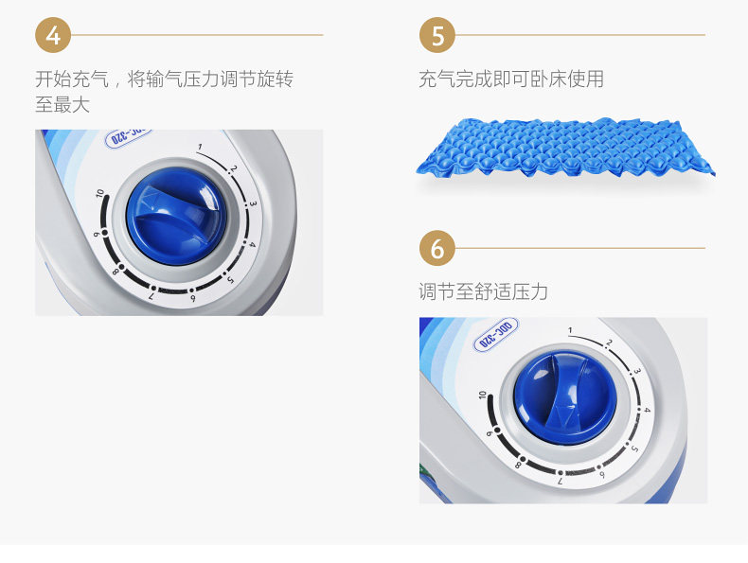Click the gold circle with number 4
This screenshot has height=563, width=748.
[53, 35]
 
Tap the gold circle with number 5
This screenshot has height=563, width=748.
[437, 35]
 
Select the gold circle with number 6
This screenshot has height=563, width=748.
[437, 248]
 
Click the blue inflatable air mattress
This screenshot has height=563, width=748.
[566, 147]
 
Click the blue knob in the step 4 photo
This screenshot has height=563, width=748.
[176, 217]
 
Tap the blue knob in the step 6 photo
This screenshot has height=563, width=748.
[565, 398]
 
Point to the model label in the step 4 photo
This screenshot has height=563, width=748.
[128, 137]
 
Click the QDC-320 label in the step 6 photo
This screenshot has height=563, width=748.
[495, 335]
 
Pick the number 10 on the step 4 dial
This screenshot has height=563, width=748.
[99, 193]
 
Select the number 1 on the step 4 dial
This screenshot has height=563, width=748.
[200, 148]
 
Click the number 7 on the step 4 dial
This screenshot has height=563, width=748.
[151, 296]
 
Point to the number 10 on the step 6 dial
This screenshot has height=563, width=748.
[482, 395]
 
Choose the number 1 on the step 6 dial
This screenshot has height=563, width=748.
[570, 330]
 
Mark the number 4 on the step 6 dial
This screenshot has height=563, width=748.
[648, 410]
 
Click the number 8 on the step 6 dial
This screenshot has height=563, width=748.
[518, 466]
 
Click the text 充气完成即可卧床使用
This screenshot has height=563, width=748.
[511, 79]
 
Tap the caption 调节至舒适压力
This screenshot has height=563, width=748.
[483, 291]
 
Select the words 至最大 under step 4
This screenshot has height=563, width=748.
[62, 104]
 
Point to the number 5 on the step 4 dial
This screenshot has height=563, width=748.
[231, 280]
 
